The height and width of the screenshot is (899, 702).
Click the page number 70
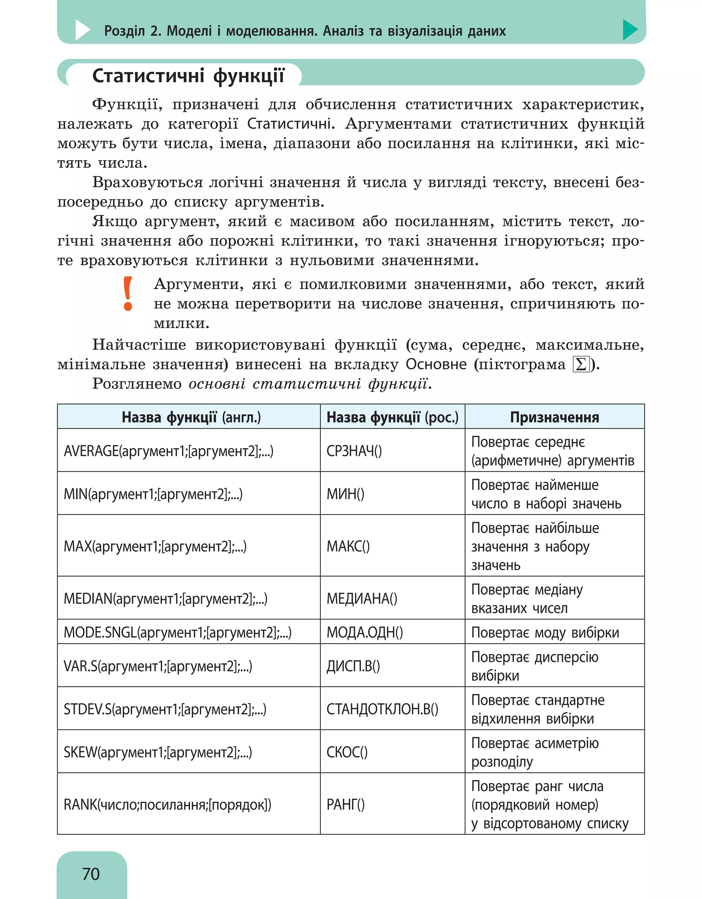pyautogui.click(x=91, y=874)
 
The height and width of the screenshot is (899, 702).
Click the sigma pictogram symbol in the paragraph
pyautogui.click(x=581, y=364)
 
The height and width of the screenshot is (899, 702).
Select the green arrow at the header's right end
pyautogui.click(x=630, y=30)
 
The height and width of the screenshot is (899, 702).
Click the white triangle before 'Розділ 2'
pyautogui.click(x=82, y=30)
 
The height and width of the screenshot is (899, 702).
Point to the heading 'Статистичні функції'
pyautogui.click(x=188, y=76)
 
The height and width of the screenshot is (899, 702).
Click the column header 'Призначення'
pyautogui.click(x=554, y=417)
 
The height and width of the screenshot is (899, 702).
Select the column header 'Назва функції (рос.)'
pyautogui.click(x=392, y=417)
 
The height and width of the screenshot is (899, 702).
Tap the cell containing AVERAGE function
pyautogui.click(x=168, y=451)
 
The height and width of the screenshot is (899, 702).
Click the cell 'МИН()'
pyautogui.click(x=346, y=494)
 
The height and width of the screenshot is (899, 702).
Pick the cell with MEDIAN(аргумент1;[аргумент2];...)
pyautogui.click(x=166, y=598)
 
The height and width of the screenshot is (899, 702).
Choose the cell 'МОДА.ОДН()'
pyautogui.click(x=364, y=632)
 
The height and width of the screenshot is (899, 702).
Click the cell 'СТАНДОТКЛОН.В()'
pyautogui.click(x=382, y=709)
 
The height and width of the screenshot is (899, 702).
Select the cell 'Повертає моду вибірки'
pyautogui.click(x=545, y=632)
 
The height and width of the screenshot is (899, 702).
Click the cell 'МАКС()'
pyautogui.click(x=348, y=546)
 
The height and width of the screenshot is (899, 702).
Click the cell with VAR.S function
pyautogui.click(x=158, y=666)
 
